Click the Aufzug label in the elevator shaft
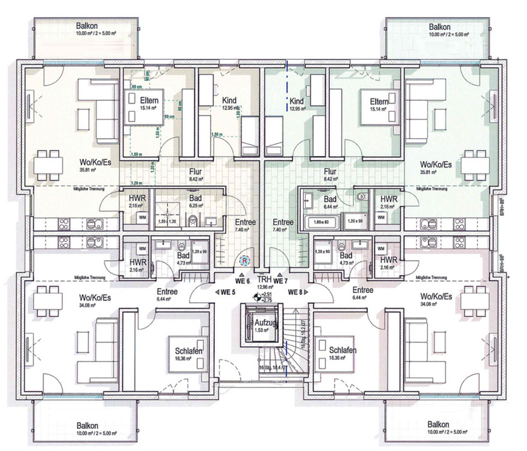pyautogui.click(x=260, y=322)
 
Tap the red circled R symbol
pyautogui.click(x=245, y=258)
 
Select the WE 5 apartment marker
pyautogui.click(x=226, y=292)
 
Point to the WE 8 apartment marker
pyautogui.click(x=297, y=292)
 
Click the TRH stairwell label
pyautogui.click(x=263, y=279)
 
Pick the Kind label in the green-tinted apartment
pyautogui.click(x=296, y=101)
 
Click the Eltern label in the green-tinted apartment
pyautogui.click(x=379, y=101)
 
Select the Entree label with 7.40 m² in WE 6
pyautogui.click(x=245, y=222)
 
